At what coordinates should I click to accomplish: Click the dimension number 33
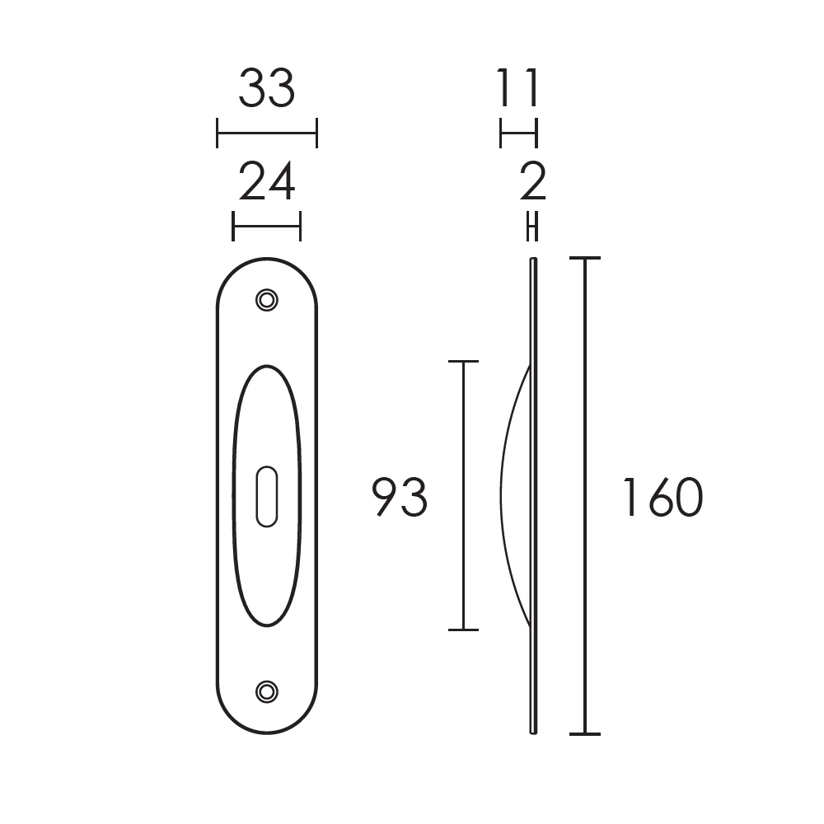266,89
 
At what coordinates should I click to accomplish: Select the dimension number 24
266,182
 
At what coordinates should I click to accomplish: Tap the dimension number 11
518,88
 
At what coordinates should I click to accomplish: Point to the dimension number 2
533,182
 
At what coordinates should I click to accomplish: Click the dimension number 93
400,497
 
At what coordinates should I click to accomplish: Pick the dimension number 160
662,497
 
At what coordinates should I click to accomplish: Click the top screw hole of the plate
266,300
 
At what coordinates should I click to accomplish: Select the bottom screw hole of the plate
266,691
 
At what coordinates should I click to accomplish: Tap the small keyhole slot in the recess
266,496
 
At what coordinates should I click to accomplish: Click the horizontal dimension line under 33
266,133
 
